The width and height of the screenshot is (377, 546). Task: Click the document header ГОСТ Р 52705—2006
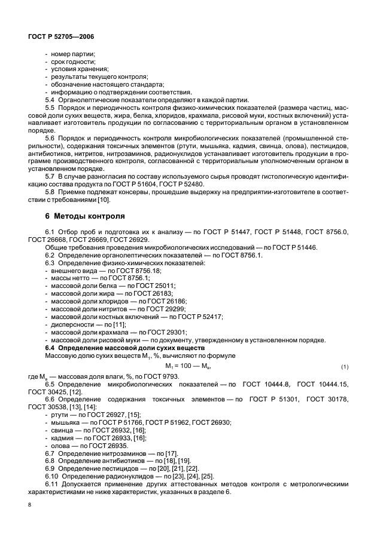coord(62,36)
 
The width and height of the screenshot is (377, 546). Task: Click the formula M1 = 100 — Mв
coord(188,366)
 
